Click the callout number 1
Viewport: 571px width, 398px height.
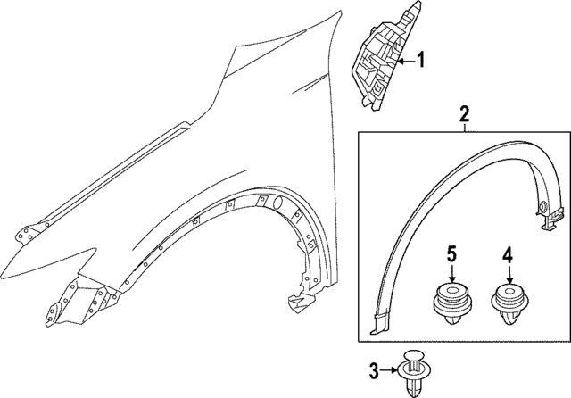(421, 62)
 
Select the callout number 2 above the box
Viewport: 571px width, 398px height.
(464, 113)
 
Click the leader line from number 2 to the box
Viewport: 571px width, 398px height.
(464, 128)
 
